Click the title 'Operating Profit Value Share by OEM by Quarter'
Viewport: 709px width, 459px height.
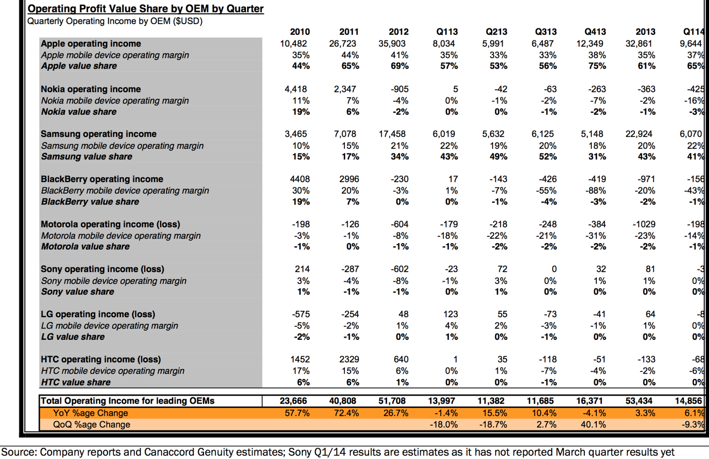click(x=146, y=9)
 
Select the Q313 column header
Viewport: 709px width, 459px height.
click(x=546, y=32)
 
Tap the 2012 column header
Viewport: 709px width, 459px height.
click(x=399, y=32)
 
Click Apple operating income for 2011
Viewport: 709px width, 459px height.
click(x=343, y=43)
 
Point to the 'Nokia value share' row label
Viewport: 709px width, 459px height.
click(x=79, y=112)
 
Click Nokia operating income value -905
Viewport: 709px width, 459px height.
click(x=400, y=89)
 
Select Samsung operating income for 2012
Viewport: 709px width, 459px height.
click(x=392, y=134)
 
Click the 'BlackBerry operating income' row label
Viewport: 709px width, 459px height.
click(x=102, y=179)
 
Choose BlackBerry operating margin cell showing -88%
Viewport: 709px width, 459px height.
click(x=597, y=191)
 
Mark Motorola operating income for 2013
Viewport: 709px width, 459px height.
click(x=644, y=224)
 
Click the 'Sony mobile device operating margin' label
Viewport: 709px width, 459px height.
click(x=114, y=281)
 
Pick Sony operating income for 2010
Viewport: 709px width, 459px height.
click(x=302, y=269)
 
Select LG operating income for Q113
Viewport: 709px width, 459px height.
click(x=450, y=314)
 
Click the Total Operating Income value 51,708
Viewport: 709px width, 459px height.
click(x=392, y=401)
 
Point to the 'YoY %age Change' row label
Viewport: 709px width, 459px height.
click(x=90, y=413)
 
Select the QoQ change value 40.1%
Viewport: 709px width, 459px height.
click(x=593, y=425)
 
